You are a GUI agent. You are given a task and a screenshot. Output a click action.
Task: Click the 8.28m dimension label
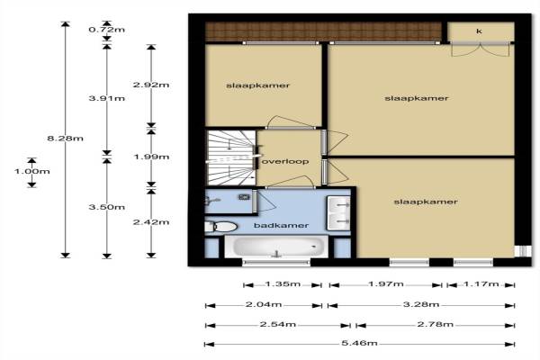(65, 139)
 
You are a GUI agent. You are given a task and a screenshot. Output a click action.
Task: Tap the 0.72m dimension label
(107, 30)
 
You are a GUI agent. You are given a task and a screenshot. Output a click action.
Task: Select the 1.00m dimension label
(32, 171)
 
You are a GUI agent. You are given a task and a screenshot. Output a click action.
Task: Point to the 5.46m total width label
(359, 343)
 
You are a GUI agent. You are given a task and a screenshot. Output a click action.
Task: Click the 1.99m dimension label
(151, 157)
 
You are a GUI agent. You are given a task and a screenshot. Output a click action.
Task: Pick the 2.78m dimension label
(436, 324)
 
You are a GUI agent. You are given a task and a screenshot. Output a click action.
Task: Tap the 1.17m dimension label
(481, 283)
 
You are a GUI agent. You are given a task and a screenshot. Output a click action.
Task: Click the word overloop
(285, 162)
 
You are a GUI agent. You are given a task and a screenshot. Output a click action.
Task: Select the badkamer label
(281, 225)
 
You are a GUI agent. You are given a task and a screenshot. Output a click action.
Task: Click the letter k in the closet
(479, 31)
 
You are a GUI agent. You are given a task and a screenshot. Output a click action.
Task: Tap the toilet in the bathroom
(221, 227)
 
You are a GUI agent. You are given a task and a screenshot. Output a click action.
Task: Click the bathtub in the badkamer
(276, 247)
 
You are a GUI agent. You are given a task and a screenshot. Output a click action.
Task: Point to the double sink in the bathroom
(338, 213)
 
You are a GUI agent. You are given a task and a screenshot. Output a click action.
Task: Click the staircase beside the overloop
(230, 158)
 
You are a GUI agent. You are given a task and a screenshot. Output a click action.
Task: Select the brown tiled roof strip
(323, 31)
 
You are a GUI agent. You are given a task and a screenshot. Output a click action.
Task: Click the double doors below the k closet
(481, 49)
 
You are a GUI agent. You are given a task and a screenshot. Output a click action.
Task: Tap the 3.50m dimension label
(107, 207)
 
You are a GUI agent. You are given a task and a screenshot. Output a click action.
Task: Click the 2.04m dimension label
(264, 304)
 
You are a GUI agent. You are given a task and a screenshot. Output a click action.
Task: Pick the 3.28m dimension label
(421, 304)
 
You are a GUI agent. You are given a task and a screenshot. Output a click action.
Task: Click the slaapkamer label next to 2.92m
(257, 85)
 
